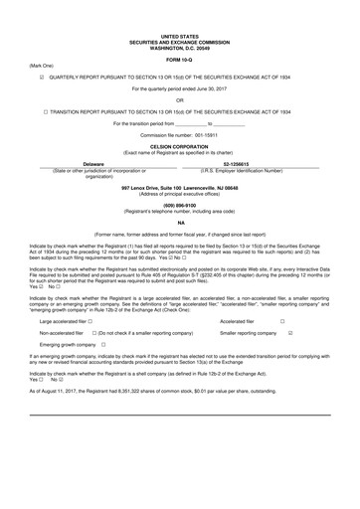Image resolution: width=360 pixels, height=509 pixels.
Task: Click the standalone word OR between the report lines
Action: (x=180, y=99)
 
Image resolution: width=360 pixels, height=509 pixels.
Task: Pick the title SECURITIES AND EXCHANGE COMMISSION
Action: (x=180, y=39)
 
